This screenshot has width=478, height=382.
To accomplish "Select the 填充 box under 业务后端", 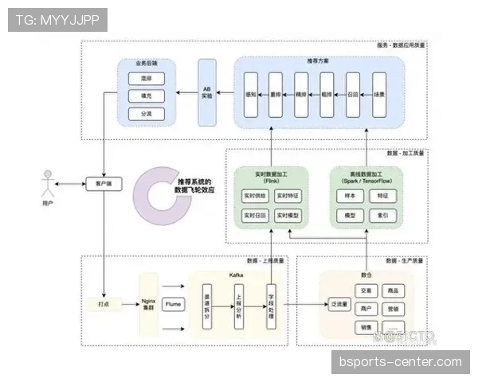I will [145, 95].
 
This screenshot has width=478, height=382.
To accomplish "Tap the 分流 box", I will [145, 113].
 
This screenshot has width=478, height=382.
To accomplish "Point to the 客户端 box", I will [104, 184].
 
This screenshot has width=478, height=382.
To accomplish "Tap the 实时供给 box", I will [256, 195].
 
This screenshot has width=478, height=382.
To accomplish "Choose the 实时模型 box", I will [288, 216].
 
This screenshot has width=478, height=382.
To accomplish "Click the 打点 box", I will [104, 304].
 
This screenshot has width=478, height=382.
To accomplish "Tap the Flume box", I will [173, 304].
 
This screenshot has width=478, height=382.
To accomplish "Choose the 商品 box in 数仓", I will [392, 291].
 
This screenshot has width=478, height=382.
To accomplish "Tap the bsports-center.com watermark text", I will [400, 362].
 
